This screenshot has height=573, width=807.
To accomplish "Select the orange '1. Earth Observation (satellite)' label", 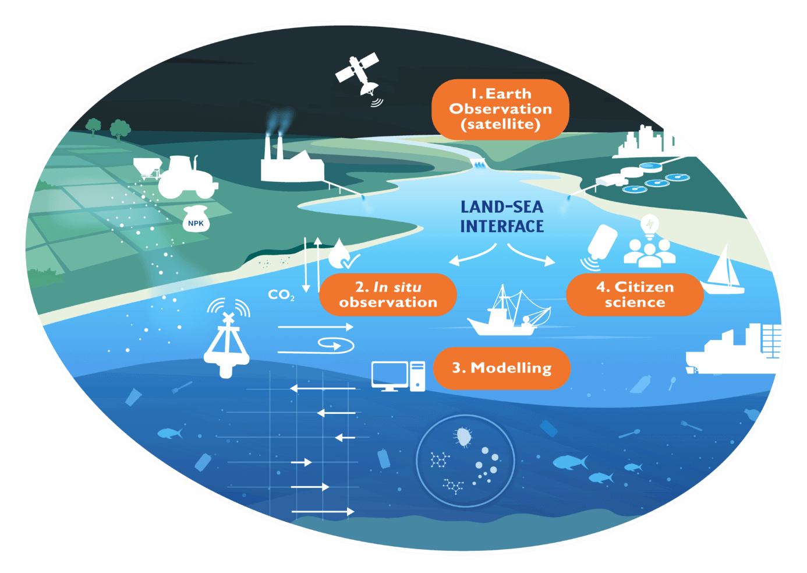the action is [x=500, y=109].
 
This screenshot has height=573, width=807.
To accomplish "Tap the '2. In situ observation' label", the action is [x=388, y=294].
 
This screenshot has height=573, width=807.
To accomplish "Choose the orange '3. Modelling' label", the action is [x=502, y=368].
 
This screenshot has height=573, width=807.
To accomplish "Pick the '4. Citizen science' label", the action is [x=635, y=294].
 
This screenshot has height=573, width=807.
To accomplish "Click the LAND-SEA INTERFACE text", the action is [x=502, y=217].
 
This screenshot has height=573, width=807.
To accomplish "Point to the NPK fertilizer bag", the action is [x=196, y=219].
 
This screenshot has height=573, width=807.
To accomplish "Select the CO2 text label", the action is [x=281, y=295].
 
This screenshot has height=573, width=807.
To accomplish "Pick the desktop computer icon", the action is [x=398, y=376].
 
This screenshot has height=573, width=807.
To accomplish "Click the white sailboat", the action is [x=723, y=270].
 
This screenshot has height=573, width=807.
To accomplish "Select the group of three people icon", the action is [x=650, y=253].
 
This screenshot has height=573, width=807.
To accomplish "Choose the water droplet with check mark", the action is [x=342, y=254].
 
